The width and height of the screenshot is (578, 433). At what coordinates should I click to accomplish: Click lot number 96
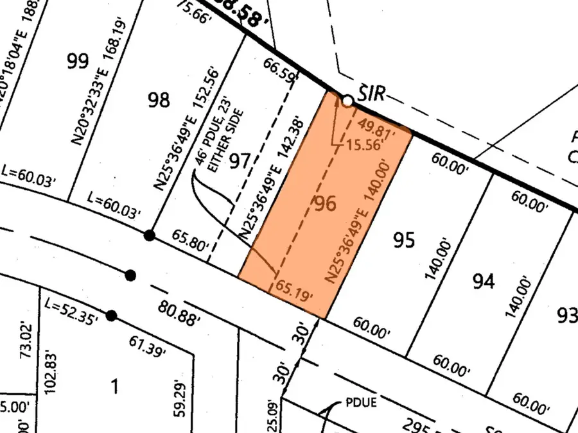[324, 205]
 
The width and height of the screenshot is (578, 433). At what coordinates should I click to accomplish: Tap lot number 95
[404, 241]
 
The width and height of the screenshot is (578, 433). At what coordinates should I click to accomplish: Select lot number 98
[159, 100]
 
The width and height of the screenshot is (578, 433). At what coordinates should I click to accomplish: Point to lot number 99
[77, 62]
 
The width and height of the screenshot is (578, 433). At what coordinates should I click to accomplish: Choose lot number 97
[239, 160]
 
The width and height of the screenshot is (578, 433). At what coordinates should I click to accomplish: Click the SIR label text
[371, 94]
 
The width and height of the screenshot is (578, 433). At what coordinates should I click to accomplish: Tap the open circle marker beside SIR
[347, 101]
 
